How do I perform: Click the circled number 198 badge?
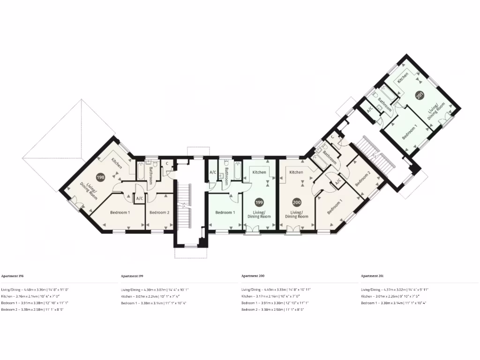point(100,177)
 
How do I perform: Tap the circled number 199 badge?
point(259,202)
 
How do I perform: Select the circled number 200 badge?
point(296,202)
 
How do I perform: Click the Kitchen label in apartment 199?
point(259,172)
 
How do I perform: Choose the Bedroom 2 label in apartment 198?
point(159,212)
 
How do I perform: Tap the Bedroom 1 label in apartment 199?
point(225,212)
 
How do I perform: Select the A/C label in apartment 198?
point(139,198)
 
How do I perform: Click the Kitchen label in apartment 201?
point(403,78)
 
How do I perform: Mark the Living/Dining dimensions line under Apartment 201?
point(395,290)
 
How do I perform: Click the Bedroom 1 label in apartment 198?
point(120,212)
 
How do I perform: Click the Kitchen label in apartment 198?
point(116,164)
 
